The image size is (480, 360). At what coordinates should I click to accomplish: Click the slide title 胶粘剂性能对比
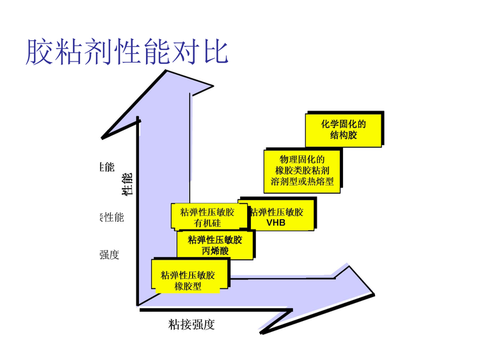pyautogui.click(x=127, y=51)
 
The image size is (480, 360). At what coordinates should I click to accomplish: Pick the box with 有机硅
pyautogui.click(x=209, y=217)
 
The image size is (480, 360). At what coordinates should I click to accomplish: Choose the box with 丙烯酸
pyautogui.click(x=215, y=245)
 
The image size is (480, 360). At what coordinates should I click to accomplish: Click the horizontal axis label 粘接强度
pyautogui.click(x=192, y=324)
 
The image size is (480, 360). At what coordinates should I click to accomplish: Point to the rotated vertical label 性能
pyautogui.click(x=127, y=183)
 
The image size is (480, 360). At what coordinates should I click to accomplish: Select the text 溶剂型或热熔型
pyautogui.click(x=302, y=182)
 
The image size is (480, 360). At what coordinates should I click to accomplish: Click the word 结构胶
pyautogui.click(x=344, y=136)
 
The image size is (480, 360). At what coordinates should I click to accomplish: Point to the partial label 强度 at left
pyautogui.click(x=109, y=254)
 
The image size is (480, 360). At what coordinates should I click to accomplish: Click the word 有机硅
pyautogui.click(x=207, y=223)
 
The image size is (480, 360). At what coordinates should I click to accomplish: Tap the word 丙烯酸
pyautogui.click(x=215, y=251)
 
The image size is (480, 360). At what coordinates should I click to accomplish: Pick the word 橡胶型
pyautogui.click(x=188, y=286)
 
